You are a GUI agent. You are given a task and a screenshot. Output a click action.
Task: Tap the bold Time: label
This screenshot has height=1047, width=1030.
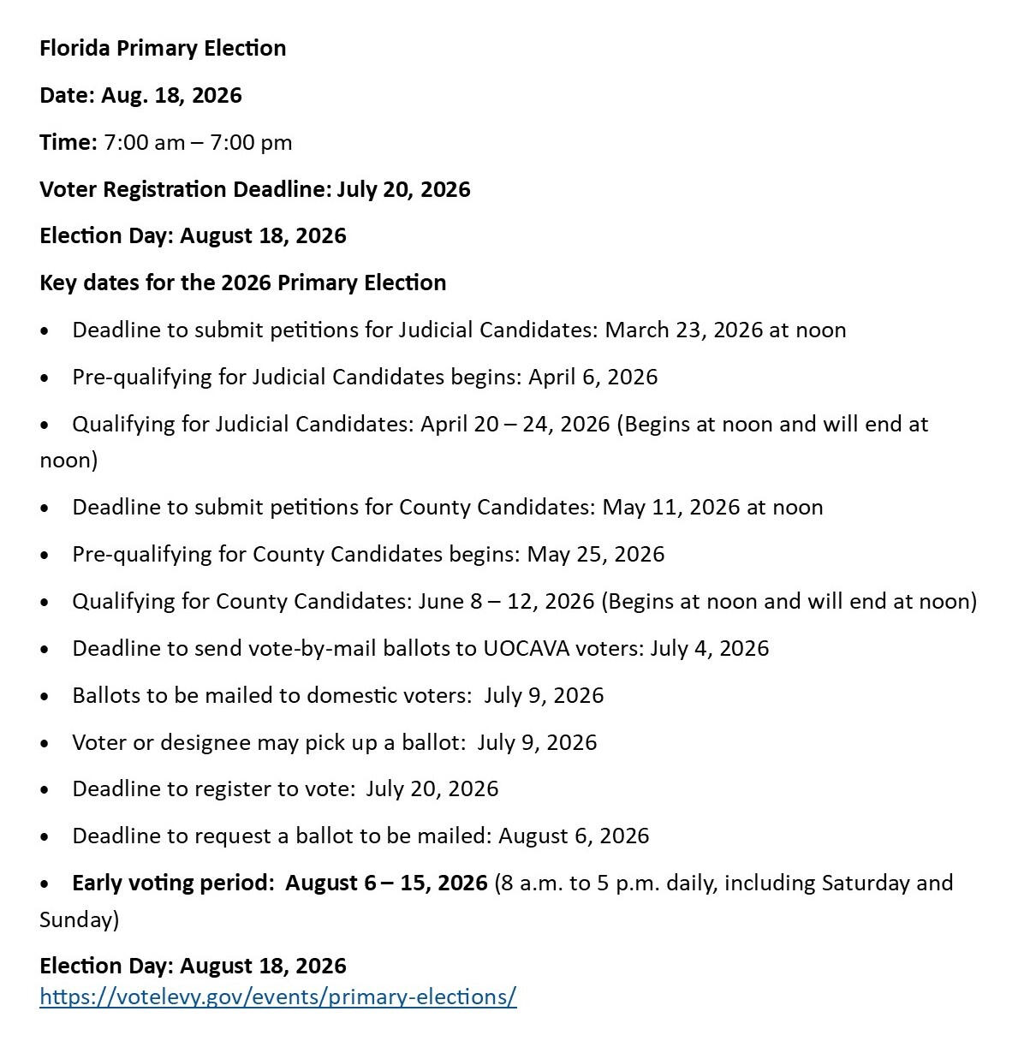tap(68, 142)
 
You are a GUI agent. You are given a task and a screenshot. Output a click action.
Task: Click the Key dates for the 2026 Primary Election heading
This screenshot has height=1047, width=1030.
tap(242, 283)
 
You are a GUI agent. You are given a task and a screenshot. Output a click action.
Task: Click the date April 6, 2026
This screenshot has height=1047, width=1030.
tap(592, 378)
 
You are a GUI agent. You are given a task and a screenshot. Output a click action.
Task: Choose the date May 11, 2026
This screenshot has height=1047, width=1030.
tap(671, 508)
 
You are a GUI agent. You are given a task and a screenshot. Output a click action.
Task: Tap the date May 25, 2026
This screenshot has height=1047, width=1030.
tap(595, 555)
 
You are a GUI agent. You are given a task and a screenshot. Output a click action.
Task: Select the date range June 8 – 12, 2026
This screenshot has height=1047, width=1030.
tap(506, 602)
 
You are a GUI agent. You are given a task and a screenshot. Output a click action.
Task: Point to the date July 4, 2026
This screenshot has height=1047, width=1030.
tap(709, 649)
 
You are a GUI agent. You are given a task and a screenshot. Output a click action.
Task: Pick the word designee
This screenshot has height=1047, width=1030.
tap(171, 743)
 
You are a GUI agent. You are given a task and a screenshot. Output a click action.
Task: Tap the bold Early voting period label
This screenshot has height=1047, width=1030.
tap(171, 883)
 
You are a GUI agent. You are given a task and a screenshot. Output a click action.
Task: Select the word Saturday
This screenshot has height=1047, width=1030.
tap(866, 883)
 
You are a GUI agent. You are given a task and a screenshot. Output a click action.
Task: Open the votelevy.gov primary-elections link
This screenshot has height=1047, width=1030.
tap(278, 997)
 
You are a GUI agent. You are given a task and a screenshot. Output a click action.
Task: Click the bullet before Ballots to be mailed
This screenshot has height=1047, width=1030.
tap(45, 696)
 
